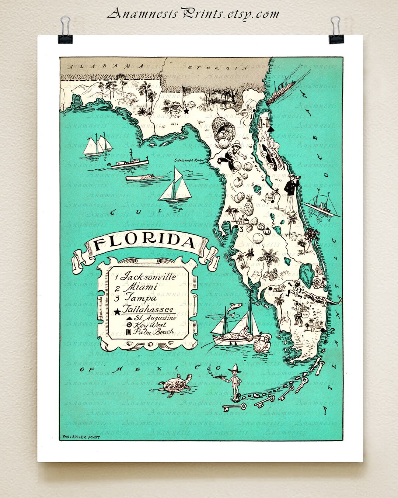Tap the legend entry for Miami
point(140,287)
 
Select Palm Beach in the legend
point(153,332)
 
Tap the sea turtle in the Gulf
point(175,384)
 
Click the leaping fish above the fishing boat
point(234,308)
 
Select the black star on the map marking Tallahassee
point(186,110)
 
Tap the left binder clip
point(65,31)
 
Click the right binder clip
point(336,31)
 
